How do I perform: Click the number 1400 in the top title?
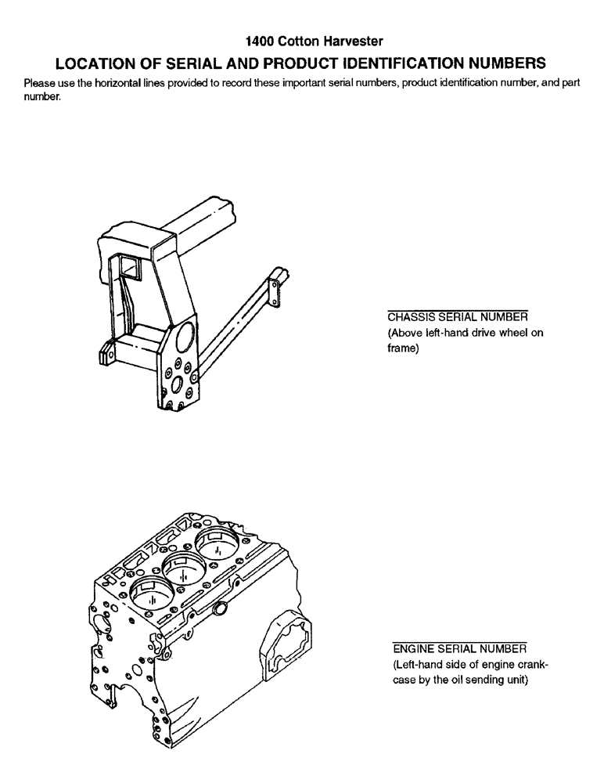(x=259, y=39)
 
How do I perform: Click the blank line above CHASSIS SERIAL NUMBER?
(x=458, y=310)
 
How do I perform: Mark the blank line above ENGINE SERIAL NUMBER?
(x=458, y=641)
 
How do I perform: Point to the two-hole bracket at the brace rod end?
(x=275, y=285)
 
